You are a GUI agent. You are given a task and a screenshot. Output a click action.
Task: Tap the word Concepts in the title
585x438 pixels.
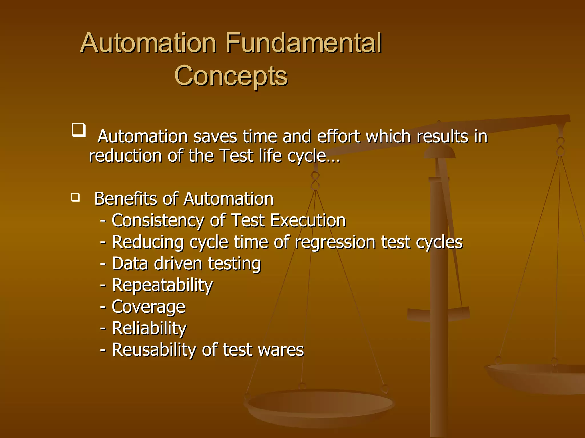[231, 76]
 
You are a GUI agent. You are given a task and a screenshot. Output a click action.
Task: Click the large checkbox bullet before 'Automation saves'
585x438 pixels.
[79, 130]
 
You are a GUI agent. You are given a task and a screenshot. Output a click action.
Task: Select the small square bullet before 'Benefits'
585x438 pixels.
[75, 197]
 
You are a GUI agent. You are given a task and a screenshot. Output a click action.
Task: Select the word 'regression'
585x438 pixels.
[335, 242]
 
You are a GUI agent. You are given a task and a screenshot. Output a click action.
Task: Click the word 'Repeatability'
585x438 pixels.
[162, 285]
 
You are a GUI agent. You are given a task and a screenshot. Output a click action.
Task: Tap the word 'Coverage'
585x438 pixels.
[148, 307]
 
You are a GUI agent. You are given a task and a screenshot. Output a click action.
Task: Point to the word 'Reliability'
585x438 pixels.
[149, 328]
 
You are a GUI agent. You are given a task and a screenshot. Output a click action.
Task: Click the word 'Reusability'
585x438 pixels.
[154, 350]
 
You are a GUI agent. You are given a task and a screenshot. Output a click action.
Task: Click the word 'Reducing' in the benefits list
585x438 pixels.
[147, 242]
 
